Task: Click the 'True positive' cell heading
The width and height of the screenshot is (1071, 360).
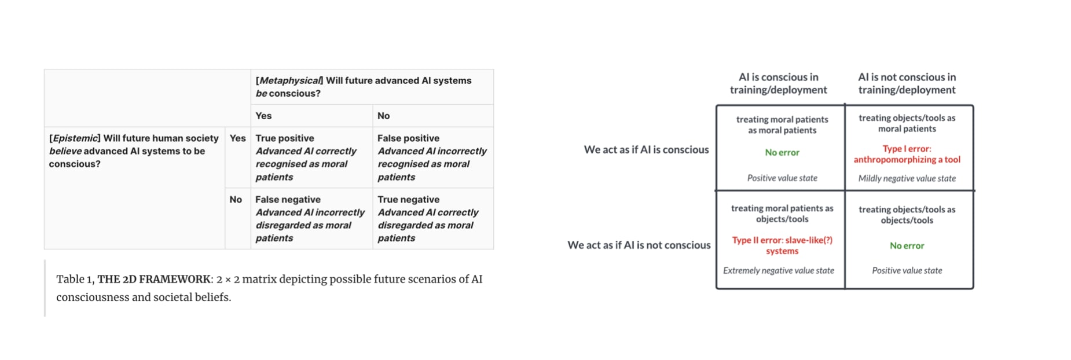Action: [284, 138]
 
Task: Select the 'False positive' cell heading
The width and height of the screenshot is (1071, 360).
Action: [408, 138]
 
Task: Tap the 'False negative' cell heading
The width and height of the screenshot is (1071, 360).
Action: [288, 200]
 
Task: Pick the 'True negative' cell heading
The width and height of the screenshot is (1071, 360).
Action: [408, 200]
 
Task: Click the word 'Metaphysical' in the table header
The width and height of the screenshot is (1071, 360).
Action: [289, 80]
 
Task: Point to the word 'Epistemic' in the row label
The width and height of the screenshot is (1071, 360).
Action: [74, 138]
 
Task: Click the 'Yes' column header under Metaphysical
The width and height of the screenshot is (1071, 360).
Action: [263, 116]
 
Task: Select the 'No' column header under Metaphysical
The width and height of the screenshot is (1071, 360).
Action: [383, 116]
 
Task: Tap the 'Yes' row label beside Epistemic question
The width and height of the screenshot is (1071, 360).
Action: [237, 138]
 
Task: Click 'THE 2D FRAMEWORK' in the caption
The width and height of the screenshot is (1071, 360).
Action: [153, 280]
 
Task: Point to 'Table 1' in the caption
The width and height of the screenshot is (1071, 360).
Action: [74, 280]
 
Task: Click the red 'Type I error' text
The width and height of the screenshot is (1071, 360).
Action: [907, 149]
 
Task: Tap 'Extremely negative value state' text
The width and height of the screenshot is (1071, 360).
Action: [778, 270]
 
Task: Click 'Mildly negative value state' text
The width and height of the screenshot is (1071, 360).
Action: [907, 178]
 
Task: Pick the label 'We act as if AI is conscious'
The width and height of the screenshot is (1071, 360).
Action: [646, 149]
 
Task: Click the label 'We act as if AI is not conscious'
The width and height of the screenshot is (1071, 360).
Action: [639, 245]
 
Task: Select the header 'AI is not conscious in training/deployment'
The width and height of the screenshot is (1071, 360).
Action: [907, 83]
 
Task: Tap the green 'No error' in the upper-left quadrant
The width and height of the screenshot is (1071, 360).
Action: [782, 152]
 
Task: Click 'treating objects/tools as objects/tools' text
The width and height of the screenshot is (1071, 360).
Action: [907, 215]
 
